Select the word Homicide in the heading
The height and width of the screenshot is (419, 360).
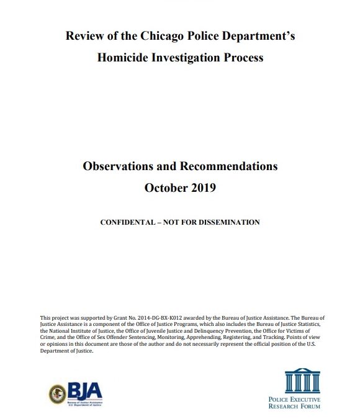click(x=124, y=58)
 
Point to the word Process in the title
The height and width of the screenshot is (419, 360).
click(x=242, y=58)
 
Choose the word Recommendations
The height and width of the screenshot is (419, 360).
click(x=228, y=166)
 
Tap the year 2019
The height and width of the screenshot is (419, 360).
click(x=204, y=187)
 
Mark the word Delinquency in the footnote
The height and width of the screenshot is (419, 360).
click(x=216, y=331)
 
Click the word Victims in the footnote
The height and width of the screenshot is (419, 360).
click(x=312, y=331)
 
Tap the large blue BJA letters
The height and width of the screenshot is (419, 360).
click(x=84, y=391)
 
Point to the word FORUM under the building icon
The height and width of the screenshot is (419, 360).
click(x=309, y=406)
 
